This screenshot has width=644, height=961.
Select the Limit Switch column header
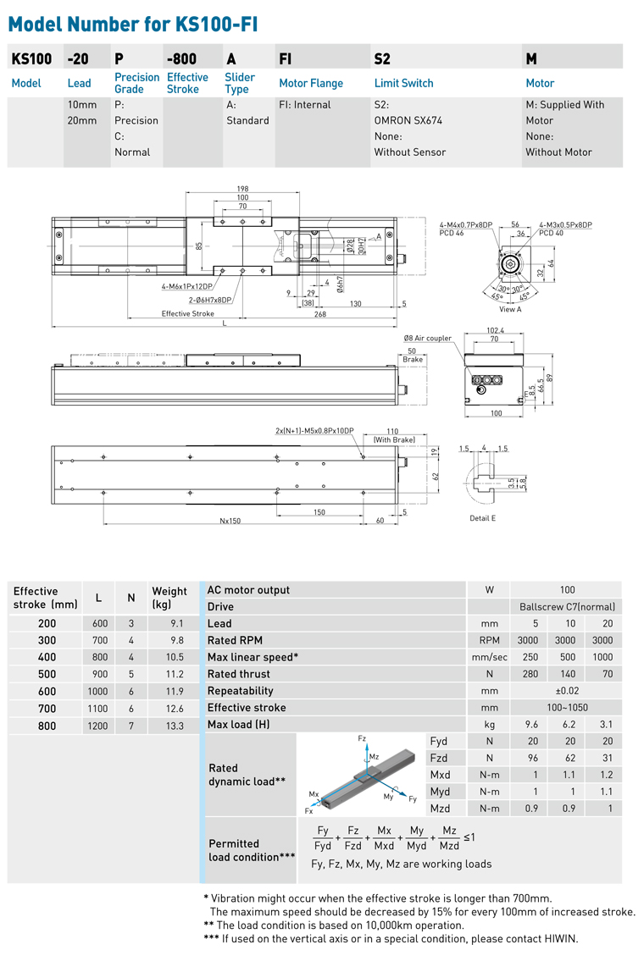click(x=403, y=83)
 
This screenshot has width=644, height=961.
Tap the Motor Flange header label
click(x=311, y=83)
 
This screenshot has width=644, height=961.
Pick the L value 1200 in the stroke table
click(x=98, y=725)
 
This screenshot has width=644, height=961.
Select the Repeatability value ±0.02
click(x=567, y=691)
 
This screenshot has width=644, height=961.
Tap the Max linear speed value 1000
click(x=602, y=657)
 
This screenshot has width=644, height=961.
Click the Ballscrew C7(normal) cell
click(x=567, y=607)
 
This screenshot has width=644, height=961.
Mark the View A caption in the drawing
click(x=510, y=309)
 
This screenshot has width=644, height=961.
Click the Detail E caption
click(x=482, y=517)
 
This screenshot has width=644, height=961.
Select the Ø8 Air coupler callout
click(x=427, y=338)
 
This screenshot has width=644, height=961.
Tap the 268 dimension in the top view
click(x=319, y=313)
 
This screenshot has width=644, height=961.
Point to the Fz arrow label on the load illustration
click(x=361, y=739)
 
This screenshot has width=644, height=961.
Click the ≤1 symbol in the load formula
click(x=469, y=837)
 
